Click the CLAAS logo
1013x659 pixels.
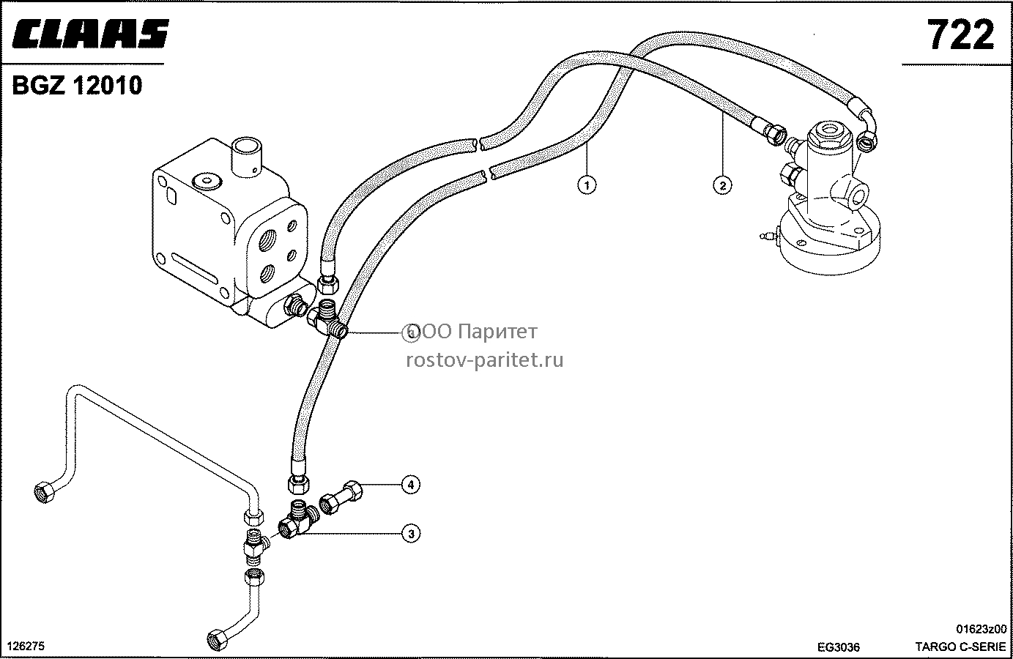(90, 34)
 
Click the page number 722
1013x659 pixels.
(961, 35)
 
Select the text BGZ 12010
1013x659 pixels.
(78, 85)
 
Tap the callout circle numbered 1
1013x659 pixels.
(587, 185)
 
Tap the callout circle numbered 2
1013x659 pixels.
(722, 185)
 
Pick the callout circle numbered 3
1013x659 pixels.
(411, 534)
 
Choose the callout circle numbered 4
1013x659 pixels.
(411, 485)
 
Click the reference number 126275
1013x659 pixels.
(26, 647)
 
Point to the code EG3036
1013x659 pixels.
(839, 647)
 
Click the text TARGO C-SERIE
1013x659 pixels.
(960, 647)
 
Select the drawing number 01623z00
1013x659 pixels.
(982, 629)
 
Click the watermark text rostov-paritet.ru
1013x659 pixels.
(485, 360)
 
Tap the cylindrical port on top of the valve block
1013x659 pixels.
(246, 157)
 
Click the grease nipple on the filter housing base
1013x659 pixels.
(768, 236)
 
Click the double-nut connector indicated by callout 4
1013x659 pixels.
(341, 497)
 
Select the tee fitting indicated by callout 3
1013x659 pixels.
(298, 520)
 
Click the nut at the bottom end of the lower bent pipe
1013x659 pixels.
(218, 639)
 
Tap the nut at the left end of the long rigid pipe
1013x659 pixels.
(45, 492)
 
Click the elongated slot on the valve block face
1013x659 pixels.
(194, 267)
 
